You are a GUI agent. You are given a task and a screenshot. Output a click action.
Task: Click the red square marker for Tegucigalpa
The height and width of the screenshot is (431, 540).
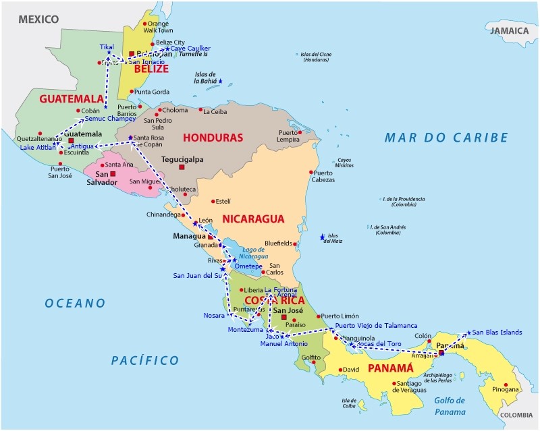coord(182,166)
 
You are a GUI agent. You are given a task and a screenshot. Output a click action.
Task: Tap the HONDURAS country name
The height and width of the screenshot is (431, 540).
coord(213,138)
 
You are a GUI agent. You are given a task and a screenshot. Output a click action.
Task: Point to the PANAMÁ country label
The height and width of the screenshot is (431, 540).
coord(389,368)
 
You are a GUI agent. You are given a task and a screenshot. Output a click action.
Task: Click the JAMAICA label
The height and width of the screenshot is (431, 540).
coord(509,31)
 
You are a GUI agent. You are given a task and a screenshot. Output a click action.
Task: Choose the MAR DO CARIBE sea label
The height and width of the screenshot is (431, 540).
coord(446,138)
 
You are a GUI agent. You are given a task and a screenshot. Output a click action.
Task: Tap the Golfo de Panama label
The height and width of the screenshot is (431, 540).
coord(450,406)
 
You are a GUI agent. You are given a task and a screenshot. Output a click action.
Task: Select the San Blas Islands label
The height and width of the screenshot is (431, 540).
coord(497,332)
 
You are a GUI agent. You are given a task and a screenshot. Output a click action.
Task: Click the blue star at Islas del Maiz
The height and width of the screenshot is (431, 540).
coord(322,237)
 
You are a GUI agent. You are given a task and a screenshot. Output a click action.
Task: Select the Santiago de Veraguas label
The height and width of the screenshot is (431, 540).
coord(408,386)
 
